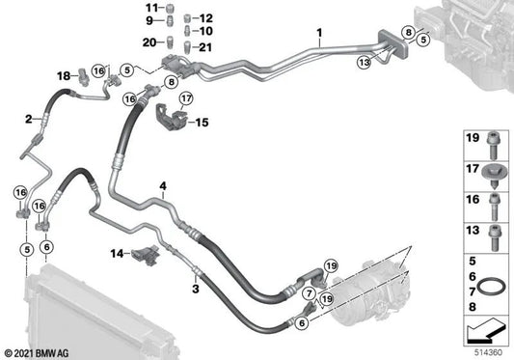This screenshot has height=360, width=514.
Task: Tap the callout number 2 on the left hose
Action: (29, 120)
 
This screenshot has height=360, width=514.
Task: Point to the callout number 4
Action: (163, 185)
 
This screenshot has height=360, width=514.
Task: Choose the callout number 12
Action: (205, 18)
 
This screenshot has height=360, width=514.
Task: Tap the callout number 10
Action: (205, 30)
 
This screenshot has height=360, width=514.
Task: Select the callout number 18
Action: (63, 75)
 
